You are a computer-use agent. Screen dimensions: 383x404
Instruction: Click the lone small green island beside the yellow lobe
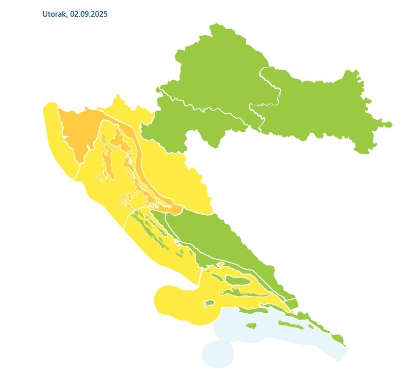(209, 303)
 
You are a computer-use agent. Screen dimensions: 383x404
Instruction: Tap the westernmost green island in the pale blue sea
(251, 326)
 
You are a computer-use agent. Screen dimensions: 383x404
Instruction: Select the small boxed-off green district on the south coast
(291, 303)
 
